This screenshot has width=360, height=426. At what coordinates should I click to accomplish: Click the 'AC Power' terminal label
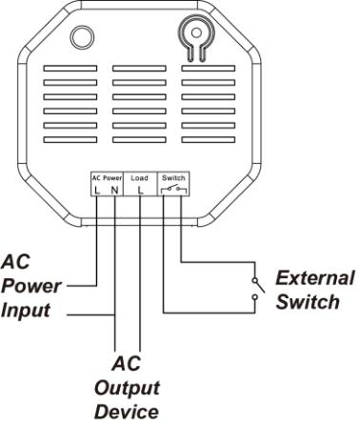coord(107,178)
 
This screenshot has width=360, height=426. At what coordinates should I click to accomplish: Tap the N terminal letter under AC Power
coord(114,190)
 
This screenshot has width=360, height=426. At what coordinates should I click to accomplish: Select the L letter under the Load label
coord(140,190)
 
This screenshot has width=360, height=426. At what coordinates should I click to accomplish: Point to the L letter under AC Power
coord(97,190)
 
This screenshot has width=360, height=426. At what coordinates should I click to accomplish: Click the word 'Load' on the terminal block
coord(139,178)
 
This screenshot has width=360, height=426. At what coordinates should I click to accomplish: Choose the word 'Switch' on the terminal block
coord(173,177)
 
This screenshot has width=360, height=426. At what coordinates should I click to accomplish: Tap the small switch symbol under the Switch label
coord(174,191)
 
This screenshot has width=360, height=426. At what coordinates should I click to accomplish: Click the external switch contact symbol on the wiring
coord(258,289)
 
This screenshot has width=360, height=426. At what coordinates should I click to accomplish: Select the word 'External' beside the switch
coord(314,278)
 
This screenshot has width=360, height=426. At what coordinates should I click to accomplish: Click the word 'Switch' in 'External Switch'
coord(308,302)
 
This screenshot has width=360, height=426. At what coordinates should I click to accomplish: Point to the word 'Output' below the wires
coord(127,388)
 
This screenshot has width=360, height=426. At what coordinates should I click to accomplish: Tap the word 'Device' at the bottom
coord(127,412)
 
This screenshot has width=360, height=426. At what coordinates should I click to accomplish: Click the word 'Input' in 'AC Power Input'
coord(26,311)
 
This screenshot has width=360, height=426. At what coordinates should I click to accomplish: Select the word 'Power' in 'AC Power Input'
coord(31,286)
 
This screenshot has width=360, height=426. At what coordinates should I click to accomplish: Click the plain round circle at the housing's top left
coord(82,37)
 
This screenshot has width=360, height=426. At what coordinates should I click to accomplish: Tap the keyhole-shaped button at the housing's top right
coord(196,38)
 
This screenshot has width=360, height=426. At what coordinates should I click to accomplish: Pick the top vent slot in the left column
coord(70,69)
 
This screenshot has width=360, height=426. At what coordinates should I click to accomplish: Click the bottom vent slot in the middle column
coord(139,140)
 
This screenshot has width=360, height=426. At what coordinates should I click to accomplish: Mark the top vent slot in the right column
coord(209,69)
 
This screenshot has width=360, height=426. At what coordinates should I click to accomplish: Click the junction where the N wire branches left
coord(115,315)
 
